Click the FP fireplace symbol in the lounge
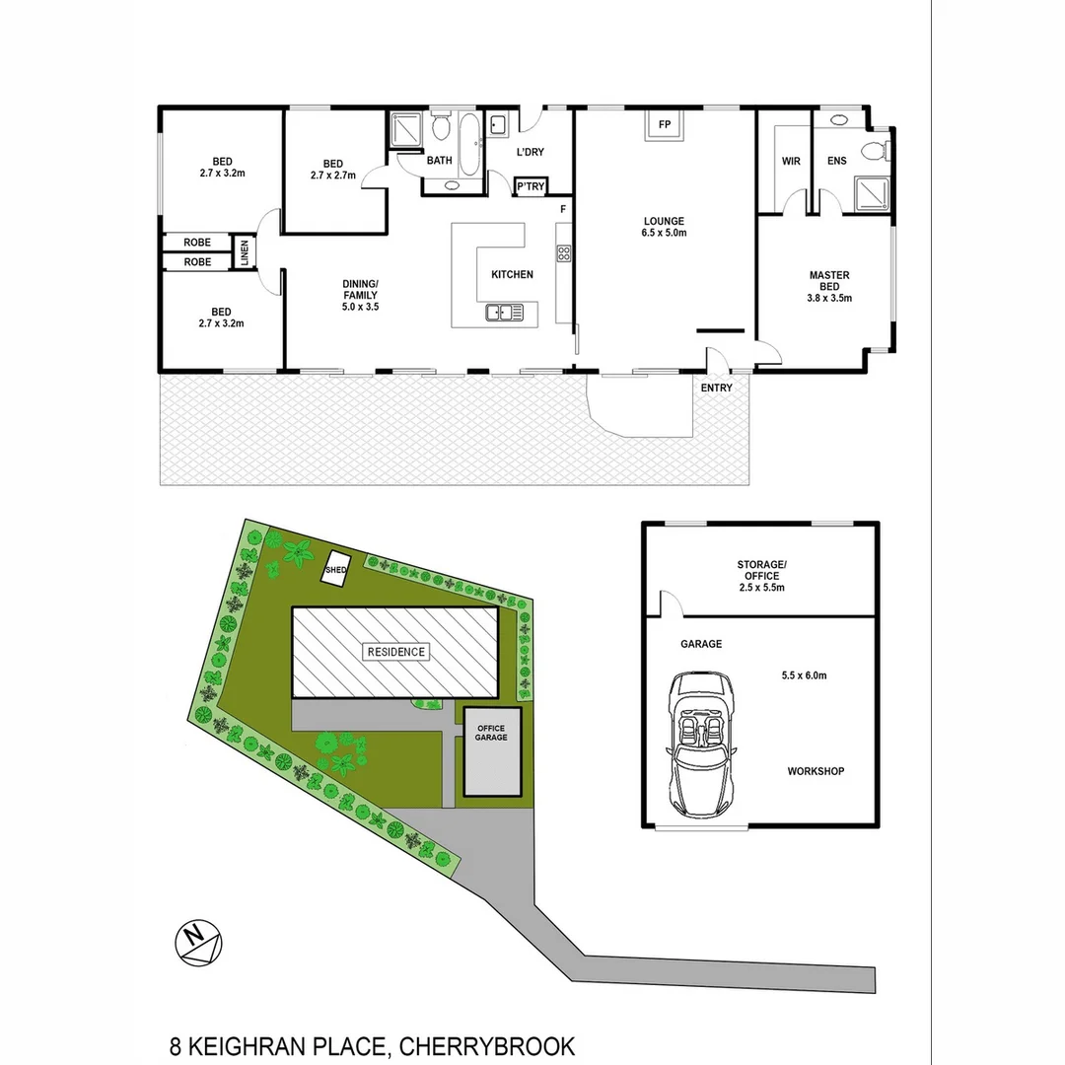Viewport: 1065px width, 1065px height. (664, 125)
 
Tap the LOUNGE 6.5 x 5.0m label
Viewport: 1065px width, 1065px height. (664, 227)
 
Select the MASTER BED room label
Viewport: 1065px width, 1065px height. (829, 286)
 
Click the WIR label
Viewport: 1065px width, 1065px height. (791, 162)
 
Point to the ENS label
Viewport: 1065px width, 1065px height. (836, 162)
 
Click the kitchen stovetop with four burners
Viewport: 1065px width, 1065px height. (564, 252)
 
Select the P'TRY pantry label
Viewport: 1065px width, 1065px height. (531, 185)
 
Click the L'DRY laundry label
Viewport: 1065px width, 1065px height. (530, 152)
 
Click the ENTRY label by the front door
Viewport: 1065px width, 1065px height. (717, 388)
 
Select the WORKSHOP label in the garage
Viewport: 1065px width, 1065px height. (816, 771)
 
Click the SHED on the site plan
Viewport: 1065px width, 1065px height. (337, 569)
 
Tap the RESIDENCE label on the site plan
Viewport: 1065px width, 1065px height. (396, 652)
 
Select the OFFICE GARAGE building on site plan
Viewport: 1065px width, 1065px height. (491, 750)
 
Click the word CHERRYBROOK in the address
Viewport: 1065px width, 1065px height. (486, 1046)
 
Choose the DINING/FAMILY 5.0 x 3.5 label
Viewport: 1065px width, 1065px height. (360, 295)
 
